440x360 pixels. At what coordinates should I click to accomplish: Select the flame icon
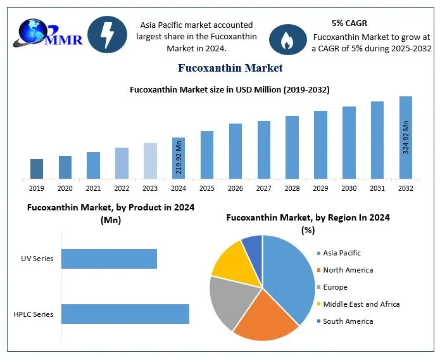(287, 39)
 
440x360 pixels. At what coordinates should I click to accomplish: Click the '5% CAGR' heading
(349, 23)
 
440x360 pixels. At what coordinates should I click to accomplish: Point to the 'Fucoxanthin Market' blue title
(230, 68)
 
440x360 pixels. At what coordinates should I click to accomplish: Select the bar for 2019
(37, 169)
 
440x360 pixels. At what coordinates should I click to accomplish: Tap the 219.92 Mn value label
(179, 159)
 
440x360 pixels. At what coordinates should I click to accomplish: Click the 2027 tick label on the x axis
(263, 188)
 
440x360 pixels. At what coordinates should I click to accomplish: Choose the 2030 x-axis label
(349, 188)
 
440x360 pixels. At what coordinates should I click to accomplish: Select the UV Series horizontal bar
(109, 259)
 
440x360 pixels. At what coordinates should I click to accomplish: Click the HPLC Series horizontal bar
(125, 314)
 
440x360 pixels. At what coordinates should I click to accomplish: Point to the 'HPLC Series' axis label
(34, 314)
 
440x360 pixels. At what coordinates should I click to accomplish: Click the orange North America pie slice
(266, 314)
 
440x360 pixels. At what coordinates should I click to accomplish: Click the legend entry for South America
(348, 321)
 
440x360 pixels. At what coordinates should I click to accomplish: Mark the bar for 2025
(207, 155)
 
